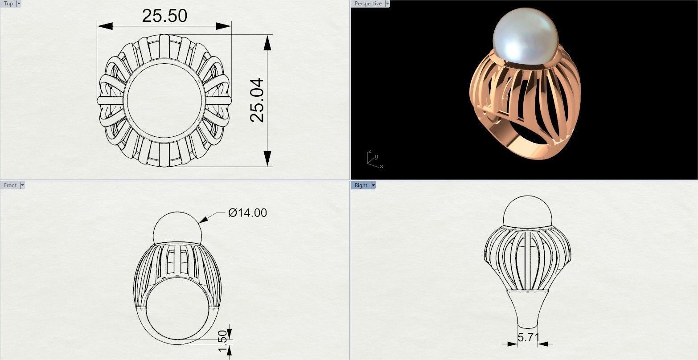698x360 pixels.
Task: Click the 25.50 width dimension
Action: [164, 16]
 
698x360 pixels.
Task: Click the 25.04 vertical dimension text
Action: [257, 100]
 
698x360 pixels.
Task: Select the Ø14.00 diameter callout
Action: [247, 213]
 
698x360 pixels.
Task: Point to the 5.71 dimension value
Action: [528, 337]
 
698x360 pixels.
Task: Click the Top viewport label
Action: [8, 4]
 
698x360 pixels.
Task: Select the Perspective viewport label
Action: [368, 4]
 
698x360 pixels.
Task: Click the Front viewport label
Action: [10, 185]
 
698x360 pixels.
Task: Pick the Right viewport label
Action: [361, 185]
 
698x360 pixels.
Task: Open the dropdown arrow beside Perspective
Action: [387, 4]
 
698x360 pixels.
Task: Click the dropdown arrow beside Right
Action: [373, 185]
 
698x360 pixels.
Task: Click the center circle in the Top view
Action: [164, 100]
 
